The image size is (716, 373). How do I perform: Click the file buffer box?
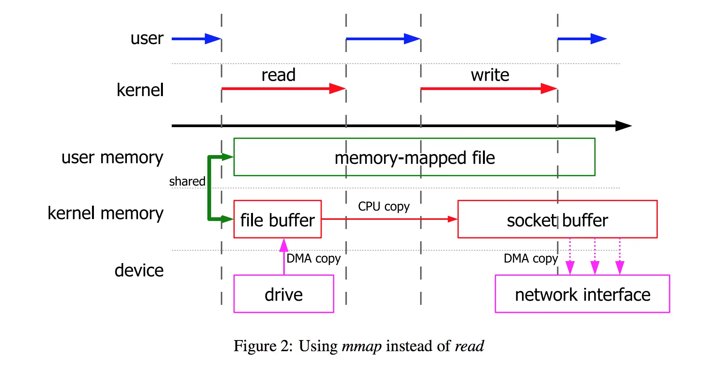tap(278, 219)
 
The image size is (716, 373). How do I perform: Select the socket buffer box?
tap(557, 219)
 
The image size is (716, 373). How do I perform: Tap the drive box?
tap(284, 294)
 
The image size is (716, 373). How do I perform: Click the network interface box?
tap(582, 294)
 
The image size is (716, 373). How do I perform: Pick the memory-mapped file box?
tap(414, 157)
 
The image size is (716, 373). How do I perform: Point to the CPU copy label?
tap(384, 206)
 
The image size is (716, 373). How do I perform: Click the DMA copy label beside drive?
tap(314, 258)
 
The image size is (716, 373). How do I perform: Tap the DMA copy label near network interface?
tap(530, 258)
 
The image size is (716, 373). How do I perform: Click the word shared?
tap(187, 181)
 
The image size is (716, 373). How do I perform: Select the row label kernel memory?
tap(105, 213)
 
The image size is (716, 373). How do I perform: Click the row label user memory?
tap(112, 157)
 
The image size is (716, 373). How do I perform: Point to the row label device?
tap(139, 270)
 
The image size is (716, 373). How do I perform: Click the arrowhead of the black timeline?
tap(623, 126)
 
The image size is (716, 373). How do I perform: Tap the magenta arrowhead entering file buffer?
tap(284, 244)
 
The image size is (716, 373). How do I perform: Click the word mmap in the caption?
tap(361, 346)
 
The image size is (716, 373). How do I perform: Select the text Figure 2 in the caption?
tap(263, 346)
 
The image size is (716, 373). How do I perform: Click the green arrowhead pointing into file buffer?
tap(227, 219)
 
